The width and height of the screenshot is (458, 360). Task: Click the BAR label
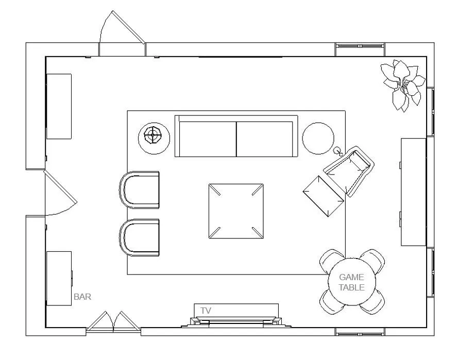(x=82, y=297)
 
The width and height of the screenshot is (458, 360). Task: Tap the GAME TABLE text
(x=352, y=282)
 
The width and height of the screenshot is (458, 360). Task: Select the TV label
(x=206, y=311)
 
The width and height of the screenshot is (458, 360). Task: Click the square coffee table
(x=236, y=211)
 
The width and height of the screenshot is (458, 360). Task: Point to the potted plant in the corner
(x=402, y=85)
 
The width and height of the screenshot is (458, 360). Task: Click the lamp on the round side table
(x=152, y=135)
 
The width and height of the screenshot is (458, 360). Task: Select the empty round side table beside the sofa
(x=318, y=139)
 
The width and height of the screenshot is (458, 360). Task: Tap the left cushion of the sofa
(x=208, y=139)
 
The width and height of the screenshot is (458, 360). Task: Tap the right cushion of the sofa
(x=264, y=139)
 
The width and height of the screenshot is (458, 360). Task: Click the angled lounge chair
(x=349, y=171)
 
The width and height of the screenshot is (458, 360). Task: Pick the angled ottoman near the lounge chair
(x=324, y=196)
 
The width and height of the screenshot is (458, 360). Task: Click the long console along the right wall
(x=413, y=192)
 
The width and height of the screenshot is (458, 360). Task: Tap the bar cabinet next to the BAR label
(x=59, y=279)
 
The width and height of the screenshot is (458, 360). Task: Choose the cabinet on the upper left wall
(x=59, y=106)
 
